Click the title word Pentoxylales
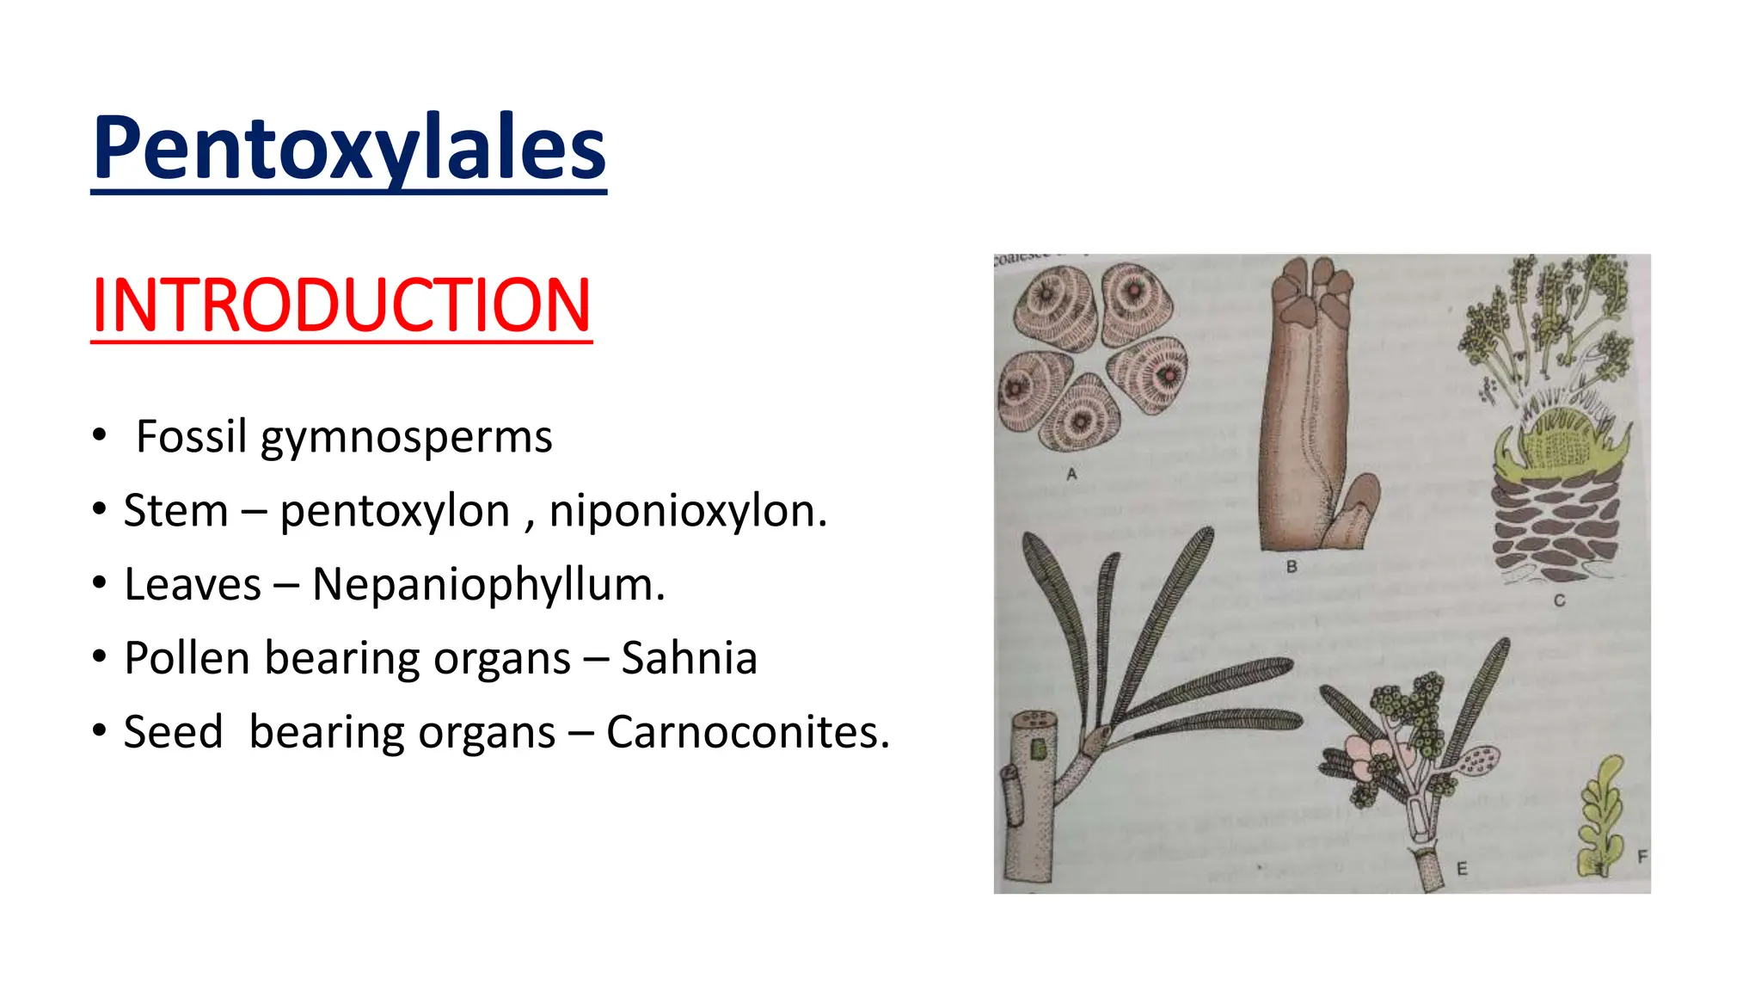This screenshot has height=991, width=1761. [x=349, y=148]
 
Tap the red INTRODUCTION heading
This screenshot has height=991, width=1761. [x=341, y=305]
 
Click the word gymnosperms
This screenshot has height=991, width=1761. [x=406, y=438]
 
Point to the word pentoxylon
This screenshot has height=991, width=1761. [x=395, y=511]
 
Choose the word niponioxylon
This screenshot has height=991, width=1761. [x=688, y=511]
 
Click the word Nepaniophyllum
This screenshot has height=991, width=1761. [x=488, y=585]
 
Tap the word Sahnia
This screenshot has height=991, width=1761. [x=689, y=658]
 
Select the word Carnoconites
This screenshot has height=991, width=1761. [x=747, y=732]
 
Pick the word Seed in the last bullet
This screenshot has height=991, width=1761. [x=173, y=732]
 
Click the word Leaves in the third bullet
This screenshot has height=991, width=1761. [x=193, y=585]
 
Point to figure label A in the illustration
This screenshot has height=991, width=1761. [x=1071, y=474]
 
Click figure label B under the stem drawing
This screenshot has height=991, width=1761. [x=1292, y=567]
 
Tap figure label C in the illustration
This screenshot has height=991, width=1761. [x=1559, y=600]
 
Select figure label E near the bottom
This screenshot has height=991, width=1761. [x=1461, y=869]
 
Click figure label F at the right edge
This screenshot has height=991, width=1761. [x=1641, y=857]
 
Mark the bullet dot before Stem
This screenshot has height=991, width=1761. [x=100, y=510]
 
